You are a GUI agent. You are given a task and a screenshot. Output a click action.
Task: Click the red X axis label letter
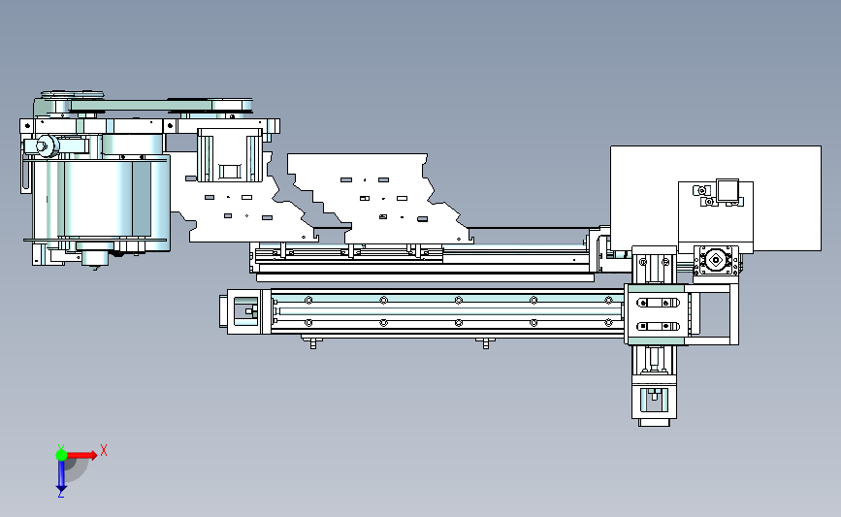[104, 450]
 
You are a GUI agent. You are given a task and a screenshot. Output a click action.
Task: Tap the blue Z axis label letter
[60, 494]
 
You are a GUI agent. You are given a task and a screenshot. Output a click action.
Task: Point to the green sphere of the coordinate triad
[61, 455]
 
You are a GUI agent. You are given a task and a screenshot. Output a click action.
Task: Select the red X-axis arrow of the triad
[81, 455]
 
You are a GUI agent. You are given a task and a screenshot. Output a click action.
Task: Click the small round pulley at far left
[47, 145]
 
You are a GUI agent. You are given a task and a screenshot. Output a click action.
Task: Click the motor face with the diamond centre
[716, 261]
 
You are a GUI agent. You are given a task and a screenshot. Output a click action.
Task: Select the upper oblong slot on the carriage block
[658, 303]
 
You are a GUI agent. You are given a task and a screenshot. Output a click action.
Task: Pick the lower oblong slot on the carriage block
[658, 326]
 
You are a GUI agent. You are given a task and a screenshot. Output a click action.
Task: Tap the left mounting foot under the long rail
[313, 342]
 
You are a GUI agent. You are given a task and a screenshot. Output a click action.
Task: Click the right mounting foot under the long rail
[486, 342]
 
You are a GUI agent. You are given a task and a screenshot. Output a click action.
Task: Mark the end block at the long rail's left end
[244, 311]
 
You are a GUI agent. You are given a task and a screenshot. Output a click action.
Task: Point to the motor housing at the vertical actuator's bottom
[654, 400]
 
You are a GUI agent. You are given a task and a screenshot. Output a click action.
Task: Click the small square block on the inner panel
[728, 190]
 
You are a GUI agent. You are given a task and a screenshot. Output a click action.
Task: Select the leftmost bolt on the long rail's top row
[308, 301]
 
